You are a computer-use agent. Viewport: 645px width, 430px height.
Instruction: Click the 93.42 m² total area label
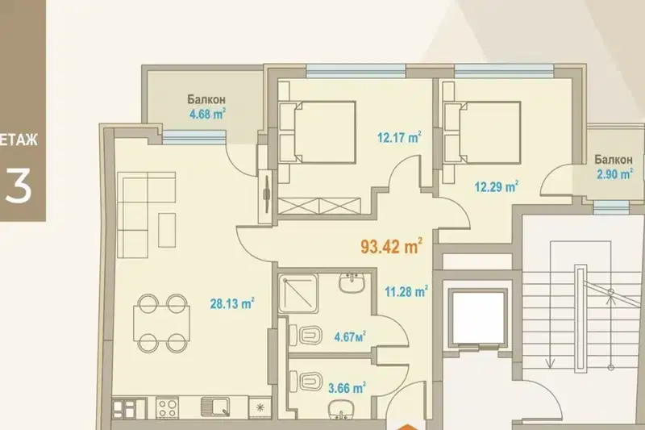coord(392,247)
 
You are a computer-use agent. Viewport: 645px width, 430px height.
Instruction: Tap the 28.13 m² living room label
coord(232,303)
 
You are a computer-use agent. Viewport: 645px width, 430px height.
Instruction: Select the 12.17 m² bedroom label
coord(399,137)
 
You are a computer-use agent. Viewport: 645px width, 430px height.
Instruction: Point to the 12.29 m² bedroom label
coord(496,187)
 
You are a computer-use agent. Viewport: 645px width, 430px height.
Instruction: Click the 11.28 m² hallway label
coord(406,291)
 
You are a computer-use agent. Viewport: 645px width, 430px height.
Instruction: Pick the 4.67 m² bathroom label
coord(350,337)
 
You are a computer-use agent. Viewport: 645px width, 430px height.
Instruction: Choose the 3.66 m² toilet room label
coord(347,387)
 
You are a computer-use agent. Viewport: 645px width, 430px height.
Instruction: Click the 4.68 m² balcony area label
coord(207,114)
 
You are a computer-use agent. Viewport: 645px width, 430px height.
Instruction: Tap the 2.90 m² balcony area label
coord(615,174)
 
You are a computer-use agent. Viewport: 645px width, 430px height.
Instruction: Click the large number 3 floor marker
coord(19,186)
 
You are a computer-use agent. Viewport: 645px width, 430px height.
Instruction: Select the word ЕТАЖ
coord(19,140)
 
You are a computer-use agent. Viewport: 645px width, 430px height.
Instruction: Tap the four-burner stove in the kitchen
coord(168,407)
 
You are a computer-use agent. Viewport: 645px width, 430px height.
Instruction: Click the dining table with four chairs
coord(162,323)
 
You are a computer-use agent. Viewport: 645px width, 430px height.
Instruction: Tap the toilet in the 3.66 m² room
coord(306,382)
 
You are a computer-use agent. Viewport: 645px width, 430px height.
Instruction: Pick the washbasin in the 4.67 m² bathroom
coord(352,282)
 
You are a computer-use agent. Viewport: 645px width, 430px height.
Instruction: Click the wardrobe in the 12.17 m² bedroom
coord(319,206)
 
